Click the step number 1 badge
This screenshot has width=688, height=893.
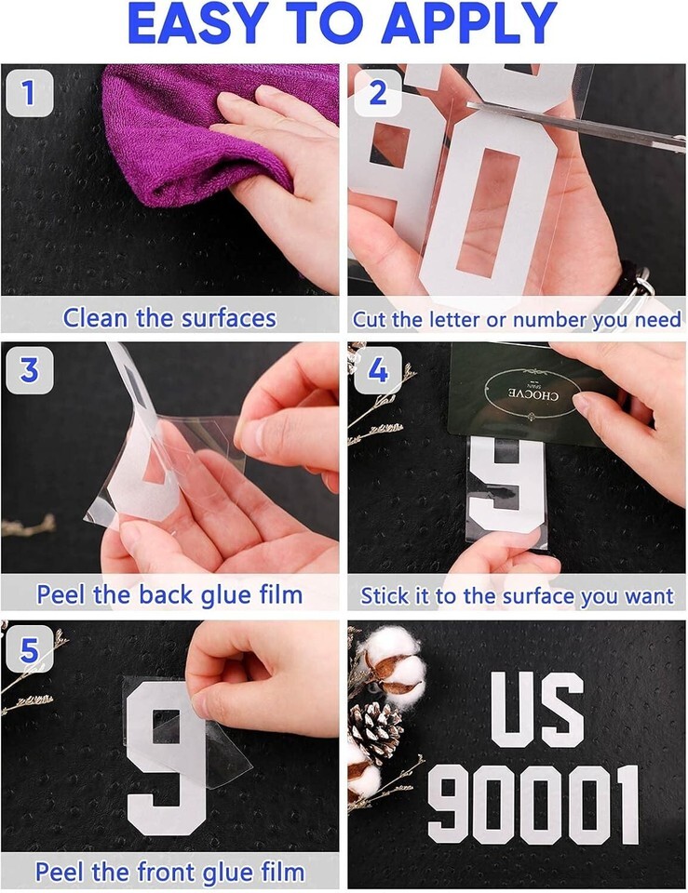pyautogui.click(x=30, y=93)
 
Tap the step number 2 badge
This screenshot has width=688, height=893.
pyautogui.click(x=377, y=93)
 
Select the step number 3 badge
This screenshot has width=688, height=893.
pyautogui.click(x=30, y=370)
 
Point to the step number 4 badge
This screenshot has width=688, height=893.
pyautogui.click(x=377, y=370)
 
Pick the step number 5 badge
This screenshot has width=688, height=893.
pyautogui.click(x=30, y=650)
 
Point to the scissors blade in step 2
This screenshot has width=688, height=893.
pyautogui.click(x=575, y=127)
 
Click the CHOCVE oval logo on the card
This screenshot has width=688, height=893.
pyautogui.click(x=532, y=393)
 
